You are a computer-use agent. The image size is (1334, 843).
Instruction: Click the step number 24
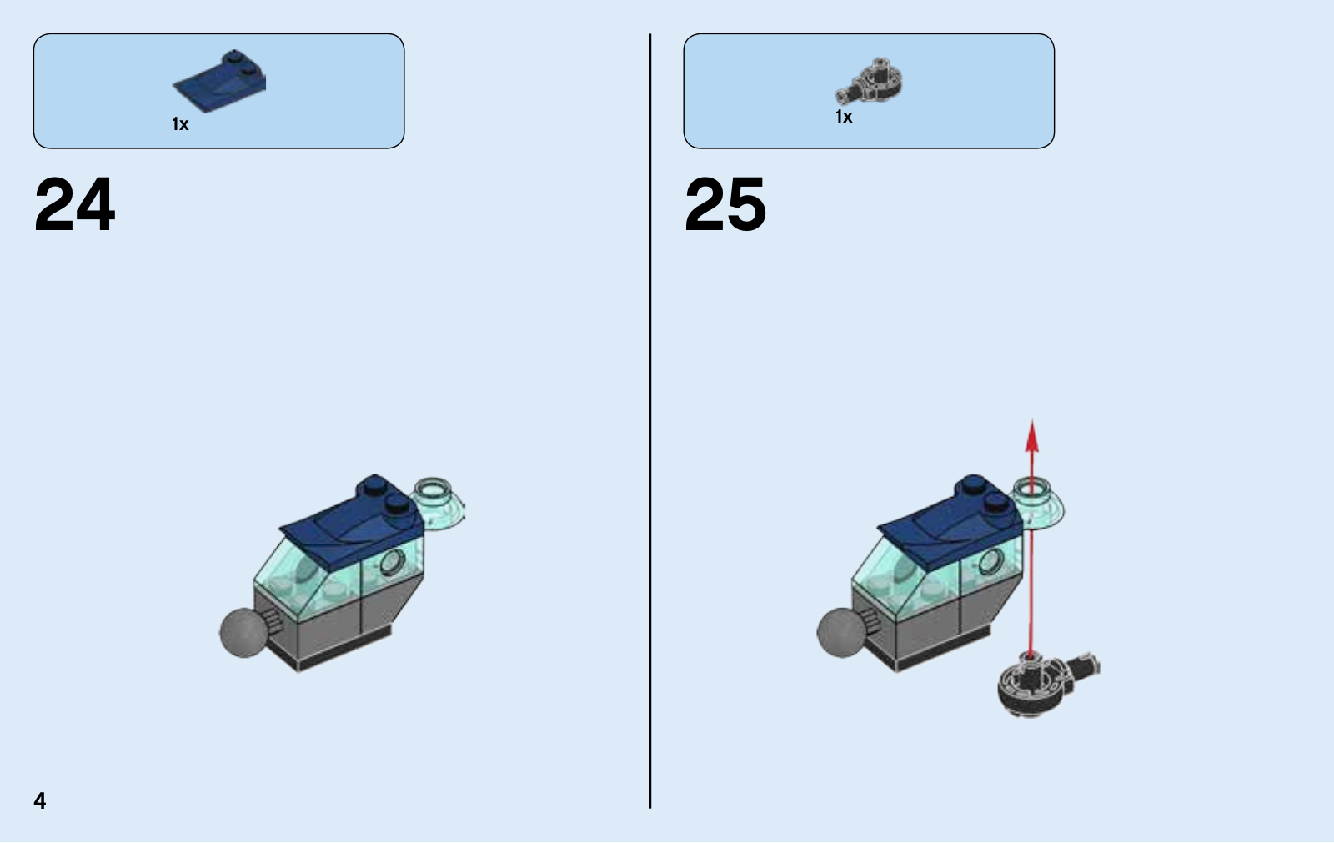pyautogui.click(x=74, y=203)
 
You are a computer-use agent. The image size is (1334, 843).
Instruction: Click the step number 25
pyautogui.click(x=725, y=203)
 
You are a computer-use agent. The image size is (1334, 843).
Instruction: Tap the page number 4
pyautogui.click(x=40, y=800)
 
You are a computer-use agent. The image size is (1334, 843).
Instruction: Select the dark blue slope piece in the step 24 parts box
pyautogui.click(x=220, y=81)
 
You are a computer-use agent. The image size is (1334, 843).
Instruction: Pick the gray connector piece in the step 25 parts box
pyautogui.click(x=869, y=83)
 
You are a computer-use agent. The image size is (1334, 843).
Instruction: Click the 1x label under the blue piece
pyautogui.click(x=180, y=124)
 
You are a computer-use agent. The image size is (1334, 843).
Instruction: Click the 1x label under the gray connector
pyautogui.click(x=844, y=117)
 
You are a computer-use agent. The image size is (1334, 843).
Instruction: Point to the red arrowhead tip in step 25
pyautogui.click(x=1032, y=420)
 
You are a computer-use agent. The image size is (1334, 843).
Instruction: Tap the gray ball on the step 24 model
pyautogui.click(x=243, y=633)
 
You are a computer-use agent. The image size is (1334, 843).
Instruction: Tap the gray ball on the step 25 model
pyautogui.click(x=841, y=633)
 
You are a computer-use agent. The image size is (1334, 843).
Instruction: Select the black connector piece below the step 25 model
pyautogui.click(x=1042, y=684)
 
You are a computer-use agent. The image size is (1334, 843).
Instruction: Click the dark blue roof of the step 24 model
pyautogui.click(x=354, y=519)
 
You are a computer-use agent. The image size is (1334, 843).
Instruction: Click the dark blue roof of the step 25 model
pyautogui.click(x=953, y=519)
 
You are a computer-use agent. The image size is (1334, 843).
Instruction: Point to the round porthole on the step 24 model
pyautogui.click(x=391, y=562)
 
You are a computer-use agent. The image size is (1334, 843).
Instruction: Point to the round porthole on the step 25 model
pyautogui.click(x=990, y=562)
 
